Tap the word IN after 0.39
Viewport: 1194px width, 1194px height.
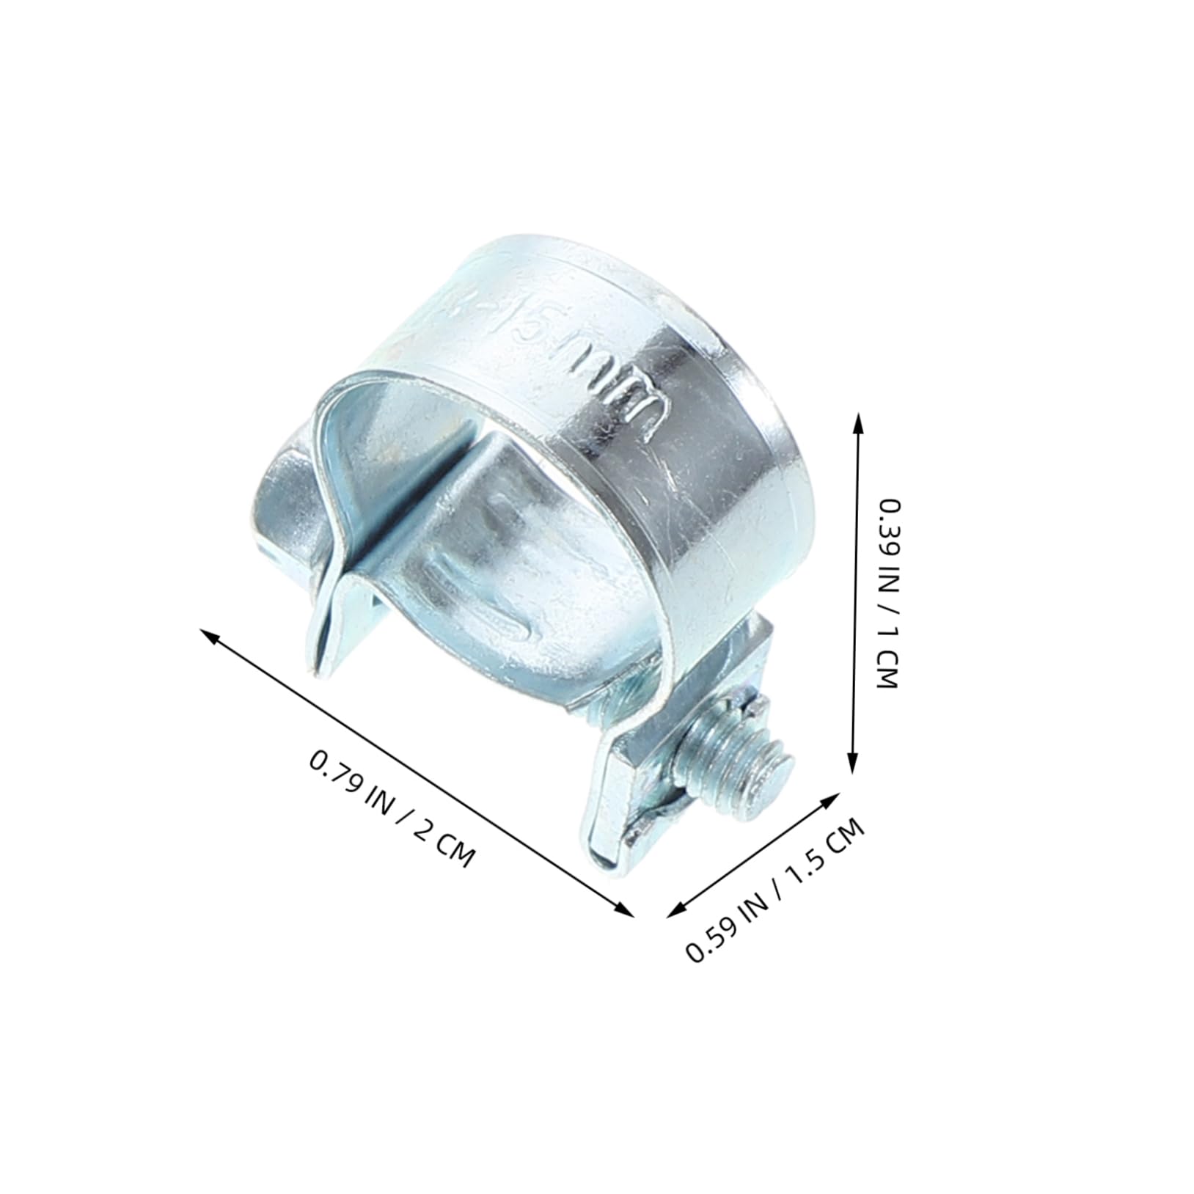889,582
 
